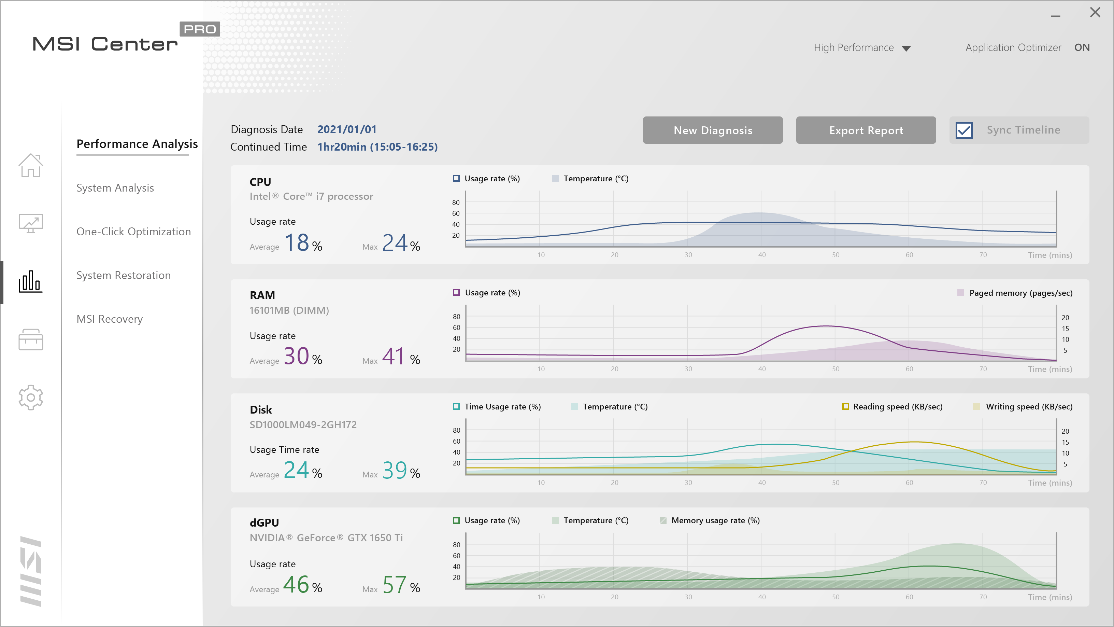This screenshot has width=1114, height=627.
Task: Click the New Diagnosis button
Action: point(712,130)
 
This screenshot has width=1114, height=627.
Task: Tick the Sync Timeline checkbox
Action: point(964,130)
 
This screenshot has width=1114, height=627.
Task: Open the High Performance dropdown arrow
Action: point(906,48)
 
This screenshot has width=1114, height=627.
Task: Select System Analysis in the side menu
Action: point(115,188)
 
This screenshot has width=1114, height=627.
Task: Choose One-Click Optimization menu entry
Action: point(133,232)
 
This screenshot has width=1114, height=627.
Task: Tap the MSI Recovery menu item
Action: point(110,319)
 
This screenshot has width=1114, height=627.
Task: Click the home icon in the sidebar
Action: point(31,165)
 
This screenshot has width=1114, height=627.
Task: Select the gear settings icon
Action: point(31,397)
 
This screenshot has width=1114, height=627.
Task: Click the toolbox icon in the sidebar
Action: point(31,340)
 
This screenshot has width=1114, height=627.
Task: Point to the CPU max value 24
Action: point(395,243)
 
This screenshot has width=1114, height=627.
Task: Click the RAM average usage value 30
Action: point(297,357)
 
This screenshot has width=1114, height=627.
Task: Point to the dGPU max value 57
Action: point(395,585)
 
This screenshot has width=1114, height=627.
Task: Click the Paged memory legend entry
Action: point(1020,293)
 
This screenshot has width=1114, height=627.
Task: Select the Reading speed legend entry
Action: point(897,407)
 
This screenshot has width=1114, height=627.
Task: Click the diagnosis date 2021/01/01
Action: point(347,129)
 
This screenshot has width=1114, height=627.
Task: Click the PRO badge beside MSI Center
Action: point(199,29)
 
